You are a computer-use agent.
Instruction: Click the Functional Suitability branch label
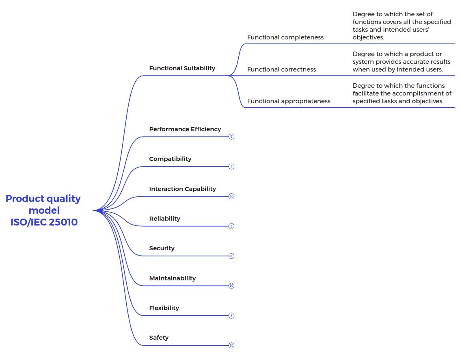coord(182,68)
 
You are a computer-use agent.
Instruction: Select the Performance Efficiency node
coord(185,129)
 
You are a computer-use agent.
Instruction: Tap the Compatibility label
coord(170,159)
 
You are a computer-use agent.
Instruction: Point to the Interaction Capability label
coord(182,189)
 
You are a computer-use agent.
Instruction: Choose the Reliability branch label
coord(164,219)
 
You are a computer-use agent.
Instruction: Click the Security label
coord(162,248)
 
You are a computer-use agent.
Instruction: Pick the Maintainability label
coord(172,278)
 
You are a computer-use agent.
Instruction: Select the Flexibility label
coord(164,308)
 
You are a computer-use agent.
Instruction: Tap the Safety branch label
coord(159,338)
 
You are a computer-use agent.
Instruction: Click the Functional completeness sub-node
coord(285,37)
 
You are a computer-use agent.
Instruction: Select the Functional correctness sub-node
coord(281,69)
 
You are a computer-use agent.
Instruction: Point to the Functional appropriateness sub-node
coord(289,101)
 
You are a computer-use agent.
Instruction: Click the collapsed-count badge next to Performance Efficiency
coord(231,137)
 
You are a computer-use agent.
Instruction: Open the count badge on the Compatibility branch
coord(231,167)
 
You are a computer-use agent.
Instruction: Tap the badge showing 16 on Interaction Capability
coord(231,196)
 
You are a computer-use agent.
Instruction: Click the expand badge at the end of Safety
coord(231,345)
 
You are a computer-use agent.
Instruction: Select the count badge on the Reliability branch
coord(231,226)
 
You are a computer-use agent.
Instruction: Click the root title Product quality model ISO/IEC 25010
coord(43,210)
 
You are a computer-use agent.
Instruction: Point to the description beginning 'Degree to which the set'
coord(402,26)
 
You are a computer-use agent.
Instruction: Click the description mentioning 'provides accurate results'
coord(402,62)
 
